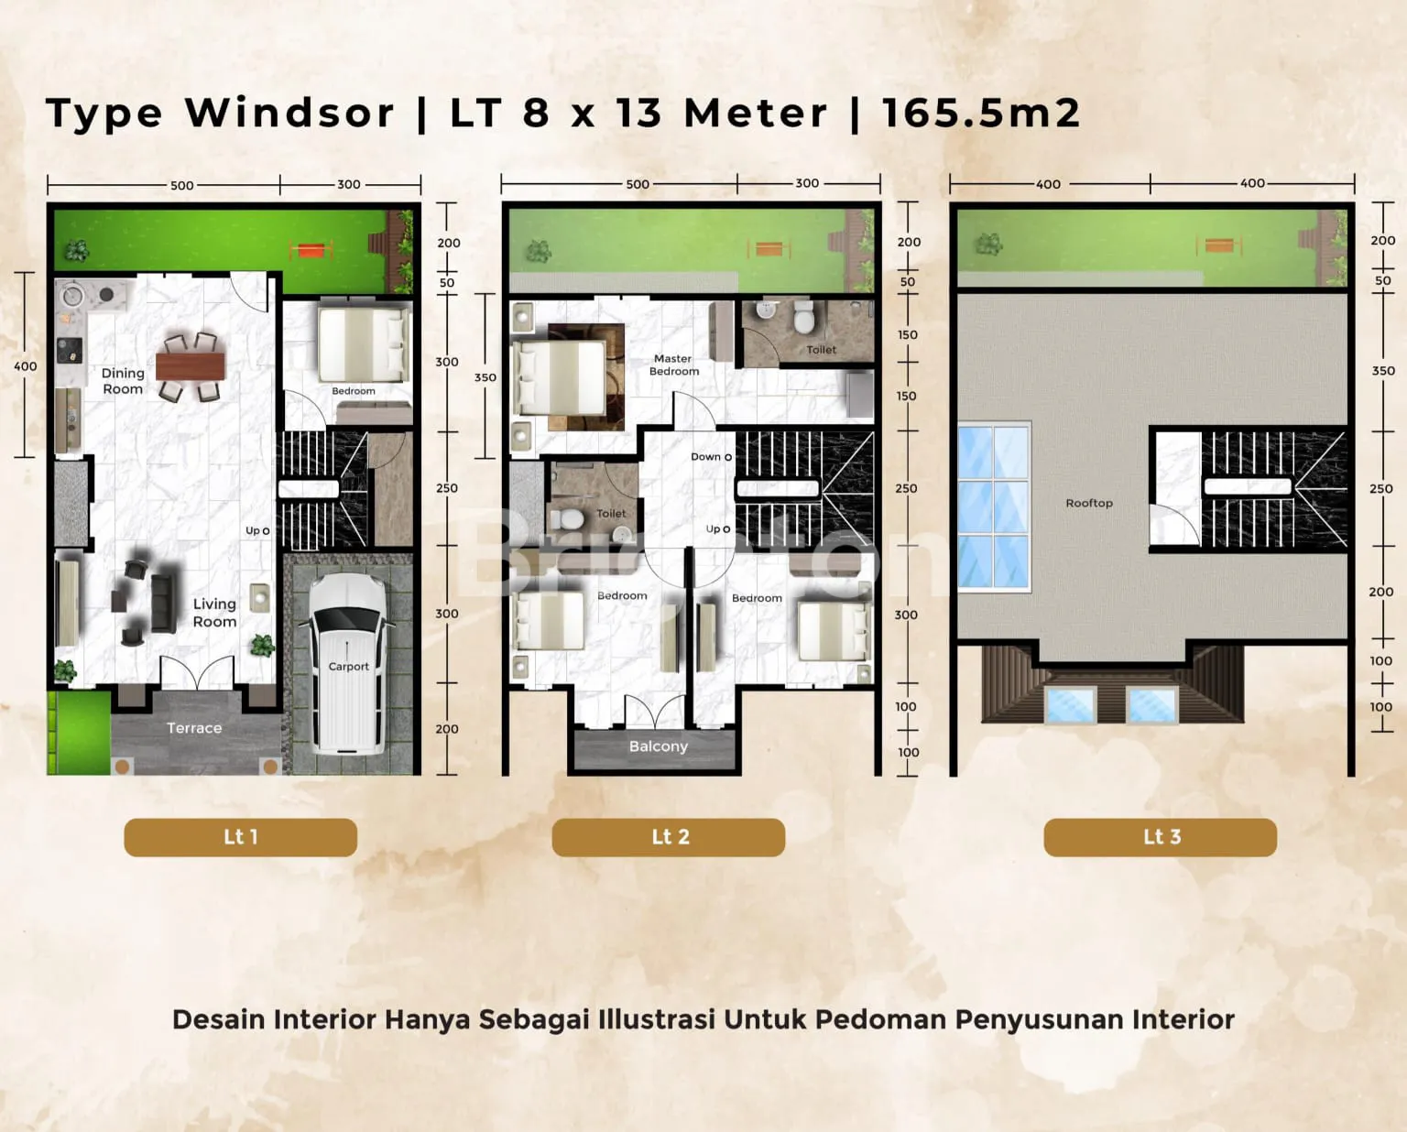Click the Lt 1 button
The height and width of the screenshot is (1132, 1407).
pos(241,837)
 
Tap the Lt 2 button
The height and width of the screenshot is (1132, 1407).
pos(668,837)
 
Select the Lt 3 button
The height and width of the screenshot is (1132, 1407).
pos(1161,837)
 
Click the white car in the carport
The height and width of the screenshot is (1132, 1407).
pos(348,664)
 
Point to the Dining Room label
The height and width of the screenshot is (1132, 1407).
pos(123,381)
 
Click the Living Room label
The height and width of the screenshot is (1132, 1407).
pos(214,613)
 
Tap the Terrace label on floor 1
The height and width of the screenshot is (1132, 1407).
pos(194,728)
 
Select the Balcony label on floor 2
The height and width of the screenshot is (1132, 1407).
pos(659,746)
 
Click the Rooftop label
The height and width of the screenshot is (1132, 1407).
pos(1089,503)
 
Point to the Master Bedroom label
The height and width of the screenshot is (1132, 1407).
pos(673,365)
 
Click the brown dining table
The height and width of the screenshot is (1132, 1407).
pos(191,365)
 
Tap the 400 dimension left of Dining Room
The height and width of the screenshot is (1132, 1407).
pos(26,366)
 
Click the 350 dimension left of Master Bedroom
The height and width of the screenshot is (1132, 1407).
pos(485,377)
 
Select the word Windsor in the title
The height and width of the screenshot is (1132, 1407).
pos(289,114)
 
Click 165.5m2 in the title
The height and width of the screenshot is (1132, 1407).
pos(981,114)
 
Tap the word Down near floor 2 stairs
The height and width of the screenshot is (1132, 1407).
pos(705,456)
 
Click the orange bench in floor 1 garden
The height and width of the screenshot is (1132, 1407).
pos(311,249)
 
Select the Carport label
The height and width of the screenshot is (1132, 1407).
pos(348,667)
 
